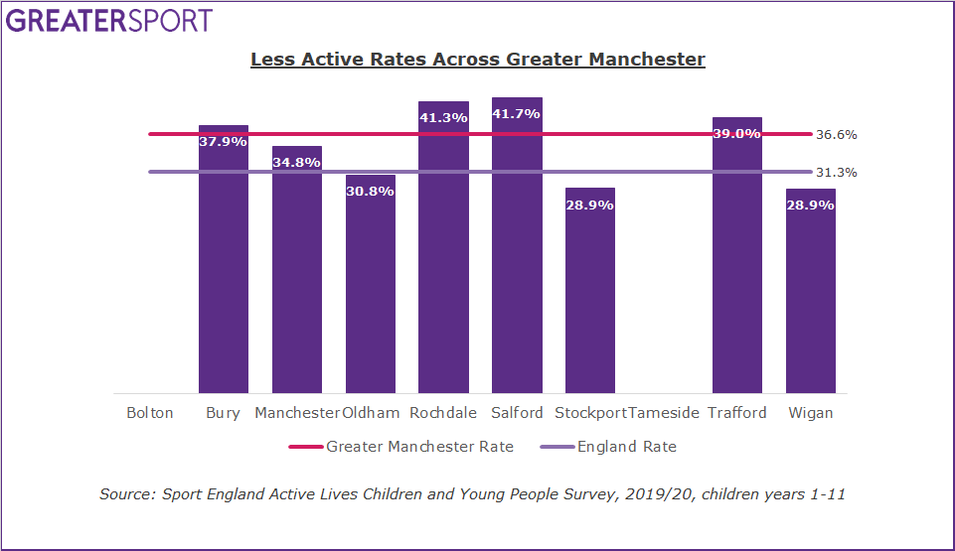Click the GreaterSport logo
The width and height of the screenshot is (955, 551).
(x=108, y=21)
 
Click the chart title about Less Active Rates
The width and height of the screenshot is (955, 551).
(x=477, y=60)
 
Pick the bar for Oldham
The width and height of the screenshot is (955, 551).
(x=370, y=288)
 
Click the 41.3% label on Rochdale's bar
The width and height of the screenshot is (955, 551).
(x=442, y=117)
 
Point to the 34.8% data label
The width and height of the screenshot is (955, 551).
(x=296, y=162)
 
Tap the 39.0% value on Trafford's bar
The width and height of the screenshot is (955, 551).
(x=736, y=133)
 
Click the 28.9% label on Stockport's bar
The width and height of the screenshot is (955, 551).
(x=589, y=205)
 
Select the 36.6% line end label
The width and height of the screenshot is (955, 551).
(x=836, y=135)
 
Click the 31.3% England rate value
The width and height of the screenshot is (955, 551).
(x=836, y=173)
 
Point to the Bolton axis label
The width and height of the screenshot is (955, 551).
(x=149, y=413)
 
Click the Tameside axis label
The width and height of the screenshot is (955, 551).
(x=664, y=413)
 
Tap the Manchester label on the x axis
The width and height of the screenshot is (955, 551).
(x=296, y=413)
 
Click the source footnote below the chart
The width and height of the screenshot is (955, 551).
(x=472, y=493)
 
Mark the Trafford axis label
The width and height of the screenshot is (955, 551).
(x=736, y=413)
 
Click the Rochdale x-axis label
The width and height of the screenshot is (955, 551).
(x=442, y=413)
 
